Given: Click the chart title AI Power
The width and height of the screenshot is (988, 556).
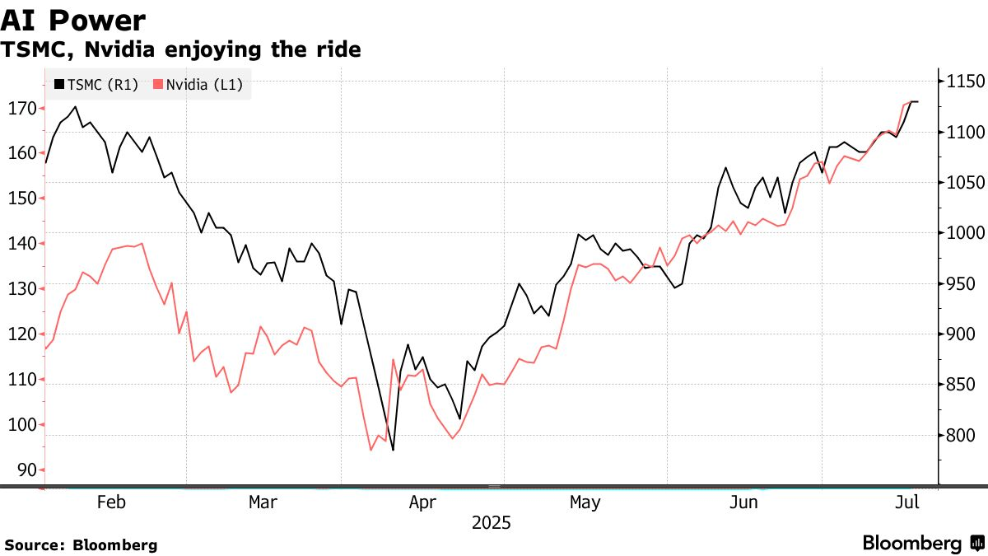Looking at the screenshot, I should [74, 20].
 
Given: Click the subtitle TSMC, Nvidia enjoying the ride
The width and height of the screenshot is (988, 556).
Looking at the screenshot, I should [180, 50].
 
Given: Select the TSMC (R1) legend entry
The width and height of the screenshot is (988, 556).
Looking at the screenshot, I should [96, 84].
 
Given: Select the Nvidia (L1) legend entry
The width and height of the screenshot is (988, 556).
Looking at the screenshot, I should [198, 84].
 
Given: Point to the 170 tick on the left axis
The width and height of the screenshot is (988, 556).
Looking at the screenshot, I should [22, 108].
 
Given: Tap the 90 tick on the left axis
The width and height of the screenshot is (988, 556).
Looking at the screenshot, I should [26, 470].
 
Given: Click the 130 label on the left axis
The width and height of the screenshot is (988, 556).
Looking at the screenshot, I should [22, 289].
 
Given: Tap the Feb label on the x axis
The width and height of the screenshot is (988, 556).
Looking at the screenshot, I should [110, 502].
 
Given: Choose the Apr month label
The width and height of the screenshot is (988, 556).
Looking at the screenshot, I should [422, 502].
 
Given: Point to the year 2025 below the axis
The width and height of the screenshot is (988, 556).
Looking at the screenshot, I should [491, 523].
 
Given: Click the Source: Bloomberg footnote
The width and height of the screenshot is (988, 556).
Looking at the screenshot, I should [81, 545].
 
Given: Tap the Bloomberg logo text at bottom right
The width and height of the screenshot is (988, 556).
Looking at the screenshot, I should [912, 544].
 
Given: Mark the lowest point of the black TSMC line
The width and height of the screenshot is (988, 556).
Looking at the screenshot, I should [393, 450].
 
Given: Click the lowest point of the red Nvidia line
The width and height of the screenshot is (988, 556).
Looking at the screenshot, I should [370, 450].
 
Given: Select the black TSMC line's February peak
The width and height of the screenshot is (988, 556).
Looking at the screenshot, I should [76, 107].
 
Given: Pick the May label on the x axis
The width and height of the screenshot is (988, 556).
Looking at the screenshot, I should [584, 502].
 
